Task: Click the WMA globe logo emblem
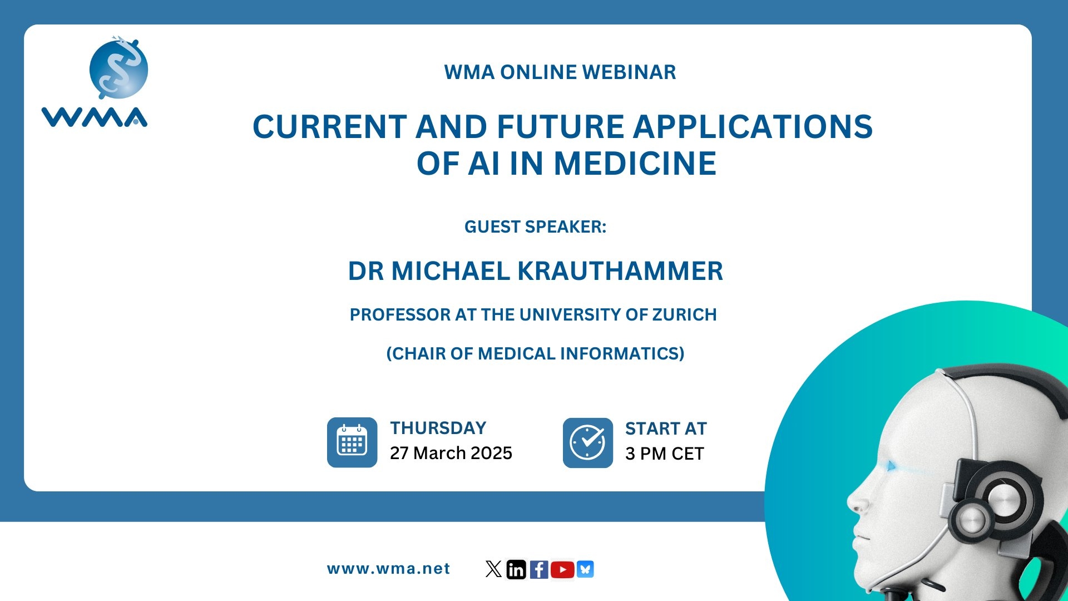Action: pyautogui.click(x=118, y=68)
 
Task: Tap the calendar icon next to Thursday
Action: pyautogui.click(x=352, y=442)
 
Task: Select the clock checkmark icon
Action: pyautogui.click(x=588, y=443)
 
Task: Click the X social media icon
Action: pyautogui.click(x=493, y=569)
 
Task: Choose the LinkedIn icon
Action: pyautogui.click(x=516, y=569)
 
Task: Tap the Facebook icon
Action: pyautogui.click(x=539, y=569)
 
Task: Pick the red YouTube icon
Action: pyautogui.click(x=562, y=569)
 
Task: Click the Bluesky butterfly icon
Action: pyautogui.click(x=585, y=569)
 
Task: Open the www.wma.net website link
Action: pyautogui.click(x=388, y=569)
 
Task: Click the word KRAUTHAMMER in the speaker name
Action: pyautogui.click(x=620, y=272)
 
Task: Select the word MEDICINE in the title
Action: pyautogui.click(x=635, y=164)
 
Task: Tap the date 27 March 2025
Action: pyautogui.click(x=451, y=454)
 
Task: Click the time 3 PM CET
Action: pyautogui.click(x=665, y=454)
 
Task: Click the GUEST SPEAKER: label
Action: pyautogui.click(x=535, y=227)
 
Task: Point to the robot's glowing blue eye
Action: pyautogui.click(x=891, y=466)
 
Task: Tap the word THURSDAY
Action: pyautogui.click(x=438, y=428)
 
